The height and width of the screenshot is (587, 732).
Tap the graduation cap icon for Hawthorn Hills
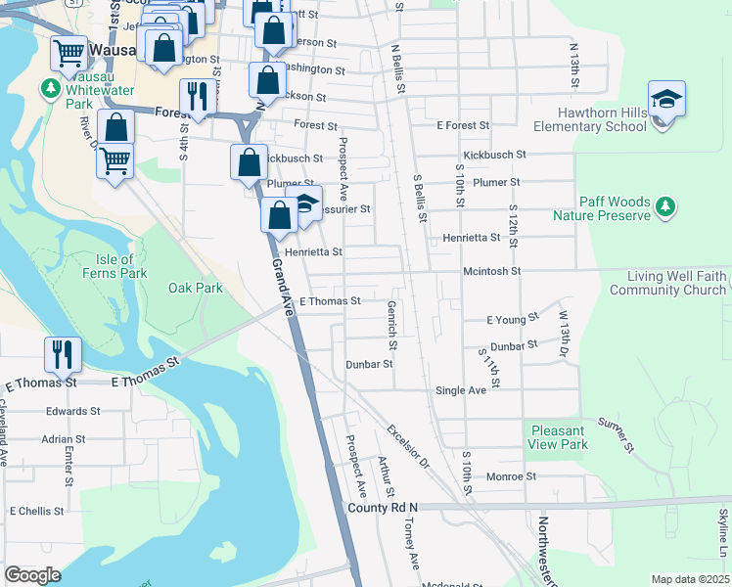[666, 101]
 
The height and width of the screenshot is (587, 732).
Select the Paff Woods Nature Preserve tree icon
[665, 206]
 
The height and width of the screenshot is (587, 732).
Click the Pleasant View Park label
[558, 437]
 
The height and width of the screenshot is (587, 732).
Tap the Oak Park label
[196, 288]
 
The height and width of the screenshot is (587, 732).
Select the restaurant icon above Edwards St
[64, 354]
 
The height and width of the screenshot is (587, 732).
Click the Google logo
[32, 575]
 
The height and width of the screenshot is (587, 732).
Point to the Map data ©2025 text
[690, 579]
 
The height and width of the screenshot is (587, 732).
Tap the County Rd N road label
[383, 507]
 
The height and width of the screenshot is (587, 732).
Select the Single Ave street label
[461, 390]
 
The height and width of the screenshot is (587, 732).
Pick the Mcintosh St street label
[492, 270]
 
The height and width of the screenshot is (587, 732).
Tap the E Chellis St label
[36, 511]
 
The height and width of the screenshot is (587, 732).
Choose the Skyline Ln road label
[723, 528]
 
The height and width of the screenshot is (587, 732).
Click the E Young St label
[513, 319]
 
